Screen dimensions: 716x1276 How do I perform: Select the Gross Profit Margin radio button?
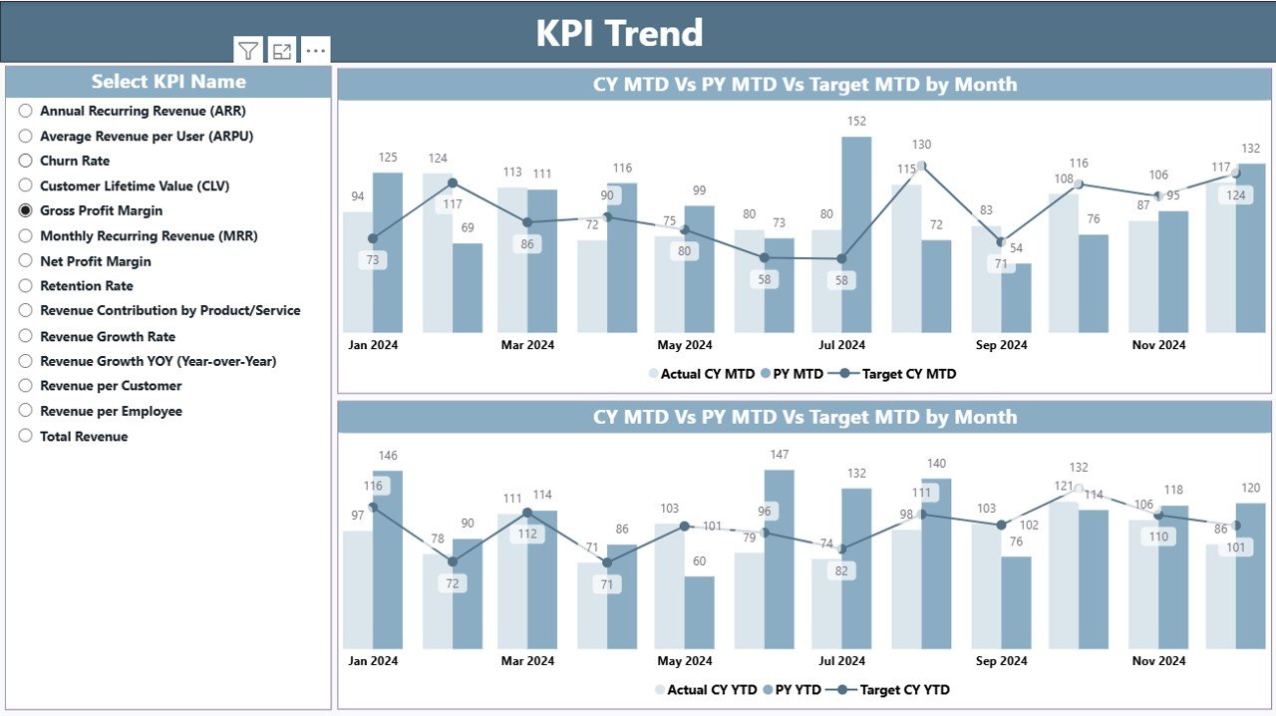(26, 210)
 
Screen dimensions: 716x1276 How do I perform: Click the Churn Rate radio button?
(26, 161)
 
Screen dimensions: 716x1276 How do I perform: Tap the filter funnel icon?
(248, 51)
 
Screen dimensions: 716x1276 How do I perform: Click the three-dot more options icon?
(315, 51)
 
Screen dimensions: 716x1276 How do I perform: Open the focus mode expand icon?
(282, 51)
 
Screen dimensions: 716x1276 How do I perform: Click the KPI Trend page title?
(619, 33)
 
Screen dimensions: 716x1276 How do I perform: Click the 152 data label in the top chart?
(856, 122)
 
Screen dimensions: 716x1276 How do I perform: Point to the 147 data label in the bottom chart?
(779, 455)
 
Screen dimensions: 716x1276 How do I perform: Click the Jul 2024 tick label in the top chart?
(841, 345)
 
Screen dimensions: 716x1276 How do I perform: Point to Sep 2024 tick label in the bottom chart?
(1001, 660)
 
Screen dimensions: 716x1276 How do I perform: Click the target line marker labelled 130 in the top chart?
(922, 166)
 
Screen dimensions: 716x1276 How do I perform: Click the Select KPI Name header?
(168, 82)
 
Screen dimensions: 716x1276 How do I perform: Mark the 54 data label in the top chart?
(1016, 247)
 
